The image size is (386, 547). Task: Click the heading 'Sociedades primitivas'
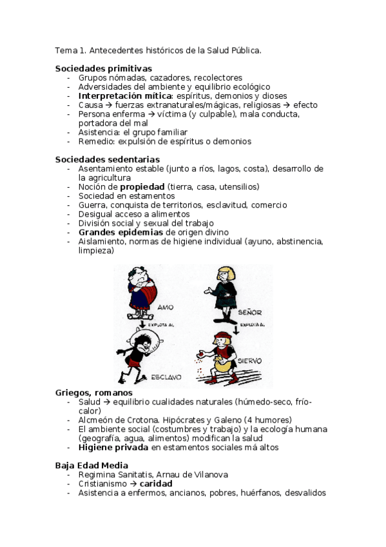coord(103,68)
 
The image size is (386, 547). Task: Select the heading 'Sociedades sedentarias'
coord(107,159)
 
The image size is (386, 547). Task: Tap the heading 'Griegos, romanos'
coord(93,392)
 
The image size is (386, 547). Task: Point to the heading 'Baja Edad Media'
coord(92,465)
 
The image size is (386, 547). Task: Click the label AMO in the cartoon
coord(166,308)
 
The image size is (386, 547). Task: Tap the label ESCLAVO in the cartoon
coord(166,376)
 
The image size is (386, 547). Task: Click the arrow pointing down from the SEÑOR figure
coord(237,328)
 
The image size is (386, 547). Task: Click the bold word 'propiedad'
coord(142,186)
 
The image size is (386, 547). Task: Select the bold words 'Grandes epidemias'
coord(121,232)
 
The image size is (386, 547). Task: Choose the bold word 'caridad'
coord(156,483)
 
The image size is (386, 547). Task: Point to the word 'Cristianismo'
coord(102,483)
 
